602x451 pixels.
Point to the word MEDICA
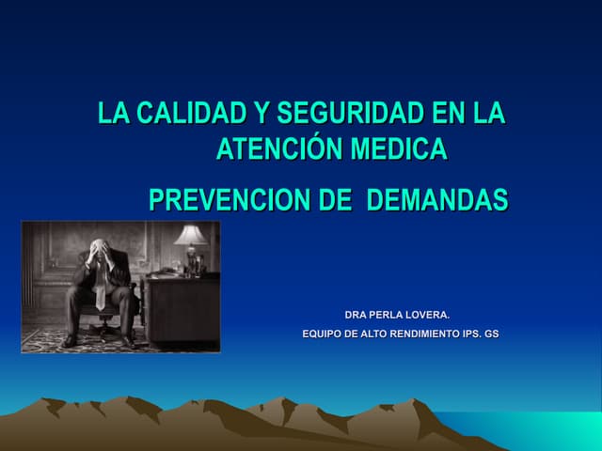(398, 149)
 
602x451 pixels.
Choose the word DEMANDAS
(436, 200)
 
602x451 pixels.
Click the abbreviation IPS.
(467, 333)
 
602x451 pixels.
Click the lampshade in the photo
(191, 235)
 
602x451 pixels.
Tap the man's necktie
(101, 291)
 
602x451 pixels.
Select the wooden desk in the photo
(182, 305)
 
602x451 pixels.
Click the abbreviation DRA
(358, 314)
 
